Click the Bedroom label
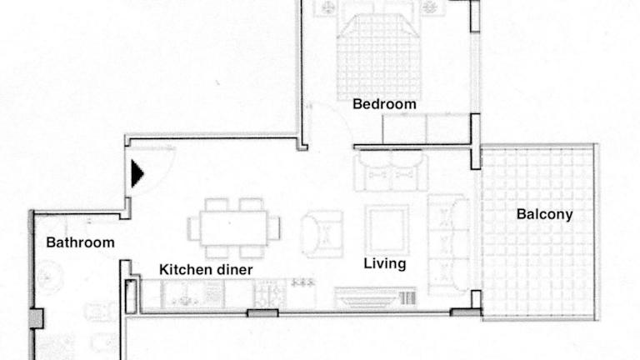tap(384, 104)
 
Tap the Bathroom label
tap(80, 242)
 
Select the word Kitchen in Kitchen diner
tap(182, 269)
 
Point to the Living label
tap(385, 263)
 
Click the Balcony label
tap(544, 214)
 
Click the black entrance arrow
tap(137, 174)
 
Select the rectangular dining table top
tap(233, 228)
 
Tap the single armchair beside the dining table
tap(322, 234)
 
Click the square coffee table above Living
tap(387, 230)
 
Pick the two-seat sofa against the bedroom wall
tap(391, 172)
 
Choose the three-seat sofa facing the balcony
tap(448, 245)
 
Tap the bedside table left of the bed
tap(326, 8)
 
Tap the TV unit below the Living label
tap(376, 297)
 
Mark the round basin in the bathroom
tap(50, 278)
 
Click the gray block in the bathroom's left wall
tap(36, 318)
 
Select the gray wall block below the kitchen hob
tap(262, 313)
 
